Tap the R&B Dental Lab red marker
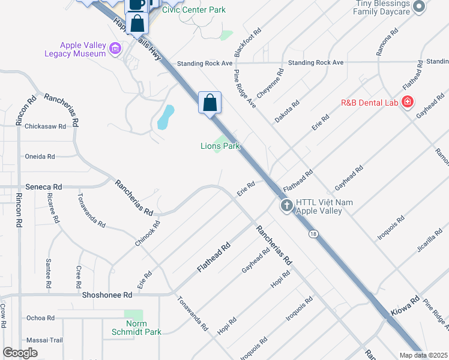(x=408, y=103)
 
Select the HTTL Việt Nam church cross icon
(x=287, y=206)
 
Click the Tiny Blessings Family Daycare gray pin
(x=420, y=7)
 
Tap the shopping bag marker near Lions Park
(x=209, y=103)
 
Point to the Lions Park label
(x=220, y=146)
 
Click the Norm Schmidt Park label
(x=136, y=327)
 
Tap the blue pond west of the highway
(x=165, y=118)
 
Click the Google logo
(x=20, y=353)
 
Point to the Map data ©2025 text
(x=423, y=355)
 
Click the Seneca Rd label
(x=43, y=187)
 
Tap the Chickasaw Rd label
(x=44, y=127)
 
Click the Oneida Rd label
(x=40, y=156)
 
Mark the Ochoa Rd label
(x=40, y=318)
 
